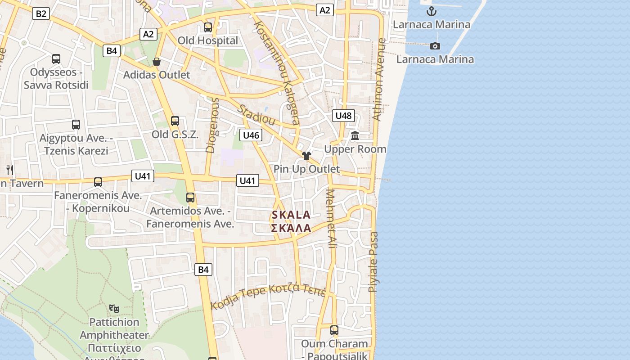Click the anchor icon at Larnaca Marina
[432, 11]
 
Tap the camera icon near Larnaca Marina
[435, 46]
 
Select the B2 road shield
[40, 13]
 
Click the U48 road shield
[343, 116]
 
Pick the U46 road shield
[251, 135]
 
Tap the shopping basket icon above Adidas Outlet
[157, 62]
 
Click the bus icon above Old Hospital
[208, 27]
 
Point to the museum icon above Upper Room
[355, 135]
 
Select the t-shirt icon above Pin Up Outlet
[306, 156]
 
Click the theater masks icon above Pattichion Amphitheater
[114, 309]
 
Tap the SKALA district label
[291, 215]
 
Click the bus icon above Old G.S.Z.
[175, 121]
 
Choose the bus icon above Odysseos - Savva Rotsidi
[56, 59]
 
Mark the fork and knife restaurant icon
[10, 170]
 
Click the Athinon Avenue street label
[379, 79]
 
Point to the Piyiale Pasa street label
[373, 262]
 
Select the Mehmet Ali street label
[332, 219]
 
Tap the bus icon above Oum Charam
[334, 330]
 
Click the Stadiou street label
[256, 115]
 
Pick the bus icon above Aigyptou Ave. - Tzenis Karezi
[76, 125]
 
